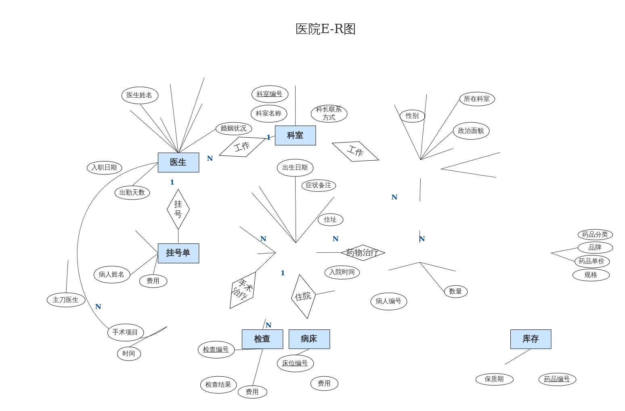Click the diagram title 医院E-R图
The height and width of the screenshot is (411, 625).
point(325,29)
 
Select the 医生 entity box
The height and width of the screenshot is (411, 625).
point(178,162)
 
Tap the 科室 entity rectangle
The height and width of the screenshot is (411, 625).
point(295,135)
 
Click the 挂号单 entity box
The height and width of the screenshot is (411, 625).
point(178,253)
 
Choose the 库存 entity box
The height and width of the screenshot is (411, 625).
point(531,339)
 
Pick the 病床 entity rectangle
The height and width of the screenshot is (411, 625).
point(309,339)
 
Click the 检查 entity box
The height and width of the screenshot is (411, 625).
point(262,339)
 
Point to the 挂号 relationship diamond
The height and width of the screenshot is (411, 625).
point(178,209)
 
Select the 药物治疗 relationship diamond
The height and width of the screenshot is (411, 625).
point(363,253)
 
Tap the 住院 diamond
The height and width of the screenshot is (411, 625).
point(303,296)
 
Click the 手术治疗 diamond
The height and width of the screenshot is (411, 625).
point(243,290)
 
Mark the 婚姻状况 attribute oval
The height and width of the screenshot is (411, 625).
point(233,128)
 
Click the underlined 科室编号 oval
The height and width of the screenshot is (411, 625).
point(270,94)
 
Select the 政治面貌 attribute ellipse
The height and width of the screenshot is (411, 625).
point(471,131)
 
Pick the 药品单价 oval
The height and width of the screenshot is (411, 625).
point(591,261)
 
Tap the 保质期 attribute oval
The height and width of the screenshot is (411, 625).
point(494,379)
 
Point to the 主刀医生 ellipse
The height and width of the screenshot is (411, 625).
point(66,300)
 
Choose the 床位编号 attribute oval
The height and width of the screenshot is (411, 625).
point(295,363)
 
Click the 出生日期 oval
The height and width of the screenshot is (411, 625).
point(295,168)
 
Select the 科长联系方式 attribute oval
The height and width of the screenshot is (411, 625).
point(329,113)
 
